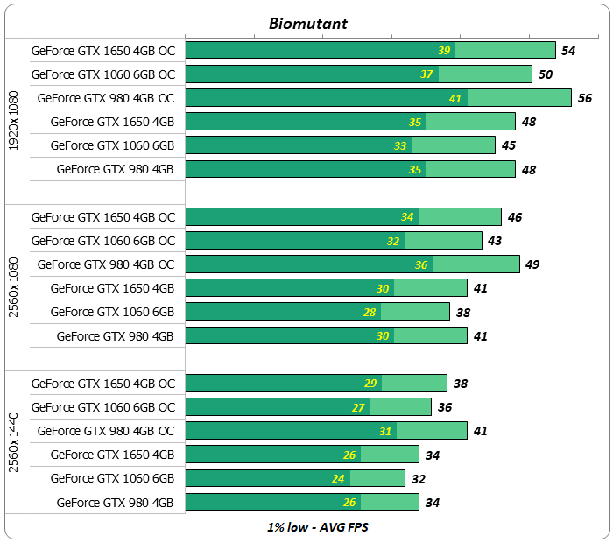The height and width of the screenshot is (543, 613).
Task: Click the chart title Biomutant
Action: point(307,24)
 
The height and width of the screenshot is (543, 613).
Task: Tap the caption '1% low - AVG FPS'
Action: point(307,528)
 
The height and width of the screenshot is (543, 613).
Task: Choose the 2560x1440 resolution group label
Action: point(14,442)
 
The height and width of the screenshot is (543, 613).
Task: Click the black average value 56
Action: point(585,98)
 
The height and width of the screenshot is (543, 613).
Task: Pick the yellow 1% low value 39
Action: point(445,51)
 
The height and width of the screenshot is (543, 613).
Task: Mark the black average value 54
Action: point(568,51)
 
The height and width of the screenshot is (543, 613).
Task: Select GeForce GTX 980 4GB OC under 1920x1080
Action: point(106,98)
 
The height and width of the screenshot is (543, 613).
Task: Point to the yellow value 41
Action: point(455,98)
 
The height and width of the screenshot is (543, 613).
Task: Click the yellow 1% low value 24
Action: point(339,479)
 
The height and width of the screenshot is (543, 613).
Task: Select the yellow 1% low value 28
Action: point(370,312)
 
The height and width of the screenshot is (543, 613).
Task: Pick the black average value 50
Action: point(546,74)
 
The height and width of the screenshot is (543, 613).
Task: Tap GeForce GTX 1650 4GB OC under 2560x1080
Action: point(103,217)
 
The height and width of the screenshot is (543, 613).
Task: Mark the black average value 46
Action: point(515,217)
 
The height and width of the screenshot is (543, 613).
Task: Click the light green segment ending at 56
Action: point(519,98)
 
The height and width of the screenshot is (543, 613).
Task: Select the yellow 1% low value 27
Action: point(358,407)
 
